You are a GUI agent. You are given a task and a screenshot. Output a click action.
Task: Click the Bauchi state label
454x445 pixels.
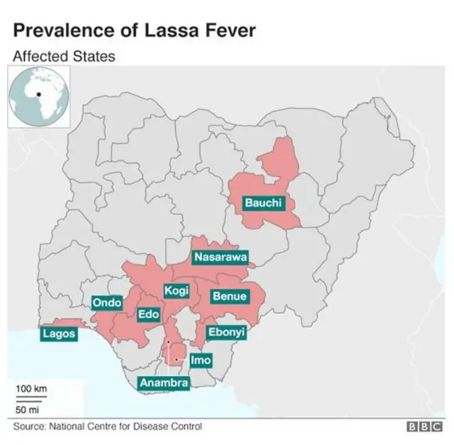click(x=263, y=203)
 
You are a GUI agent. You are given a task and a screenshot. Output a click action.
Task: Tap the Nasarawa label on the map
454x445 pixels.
click(x=221, y=257)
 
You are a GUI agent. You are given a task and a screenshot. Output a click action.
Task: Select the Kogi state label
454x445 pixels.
click(x=176, y=291)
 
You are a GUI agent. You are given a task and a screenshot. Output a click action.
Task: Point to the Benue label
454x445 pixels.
click(x=230, y=296)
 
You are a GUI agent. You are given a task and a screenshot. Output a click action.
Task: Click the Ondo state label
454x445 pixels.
click(x=108, y=303)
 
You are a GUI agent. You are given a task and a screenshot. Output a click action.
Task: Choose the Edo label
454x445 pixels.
click(x=148, y=314)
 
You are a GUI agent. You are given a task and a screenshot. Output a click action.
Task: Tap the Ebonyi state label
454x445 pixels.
click(x=226, y=331)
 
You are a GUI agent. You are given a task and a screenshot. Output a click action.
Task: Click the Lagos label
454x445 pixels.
click(x=59, y=334)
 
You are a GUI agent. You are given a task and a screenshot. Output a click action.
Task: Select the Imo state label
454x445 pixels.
click(x=201, y=361)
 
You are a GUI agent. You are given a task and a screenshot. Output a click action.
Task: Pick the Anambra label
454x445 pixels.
click(x=164, y=383)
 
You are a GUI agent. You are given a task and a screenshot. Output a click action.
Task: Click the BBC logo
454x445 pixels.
click(x=423, y=427)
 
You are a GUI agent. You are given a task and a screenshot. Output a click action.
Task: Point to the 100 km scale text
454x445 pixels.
click(x=31, y=388)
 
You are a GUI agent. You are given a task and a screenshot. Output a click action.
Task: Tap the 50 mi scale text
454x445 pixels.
click(x=28, y=410)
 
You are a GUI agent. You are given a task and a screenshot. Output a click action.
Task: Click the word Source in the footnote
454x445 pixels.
click(x=29, y=427)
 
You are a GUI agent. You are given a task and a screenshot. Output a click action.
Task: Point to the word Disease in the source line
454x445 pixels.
click(x=152, y=427)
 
